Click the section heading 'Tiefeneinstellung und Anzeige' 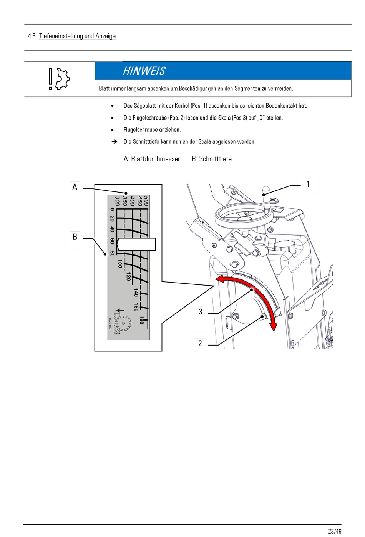77,36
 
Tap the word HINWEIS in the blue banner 144,71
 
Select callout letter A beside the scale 75,187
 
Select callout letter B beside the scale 75,237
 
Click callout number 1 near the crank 308,185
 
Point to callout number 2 200,344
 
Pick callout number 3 200,312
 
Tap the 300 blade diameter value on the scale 117,201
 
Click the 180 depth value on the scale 142,320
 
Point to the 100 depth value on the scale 120,263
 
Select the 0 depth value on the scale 112,210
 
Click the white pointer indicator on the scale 136,244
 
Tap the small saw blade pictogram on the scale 123,322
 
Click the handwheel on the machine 244,215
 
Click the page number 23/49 335,531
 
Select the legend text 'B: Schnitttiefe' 212,159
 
